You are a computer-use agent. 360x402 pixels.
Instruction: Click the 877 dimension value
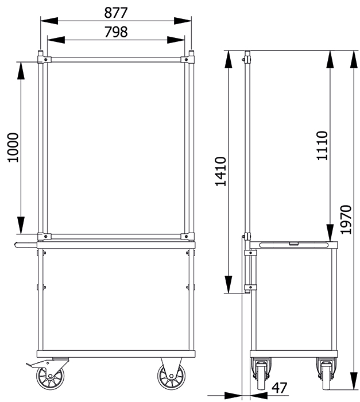coord(115,13)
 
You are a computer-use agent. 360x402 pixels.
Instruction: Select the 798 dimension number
coord(116,32)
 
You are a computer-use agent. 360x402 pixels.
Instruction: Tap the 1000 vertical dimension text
coord(13,148)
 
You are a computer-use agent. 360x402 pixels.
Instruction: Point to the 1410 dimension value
coord(220,171)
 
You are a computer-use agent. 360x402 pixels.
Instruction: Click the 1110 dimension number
coord(322,146)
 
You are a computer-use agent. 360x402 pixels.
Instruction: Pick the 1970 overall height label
coord(346,219)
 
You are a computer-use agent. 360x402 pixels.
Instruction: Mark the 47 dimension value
coord(280,388)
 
